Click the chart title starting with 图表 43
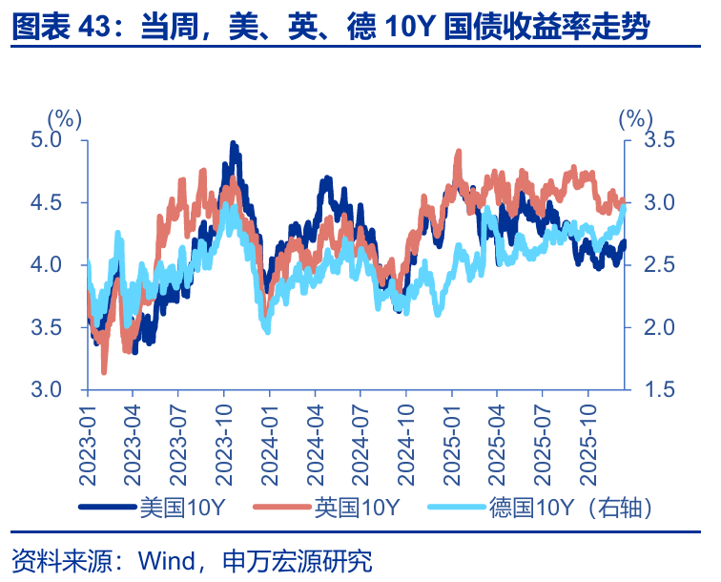click(x=330, y=27)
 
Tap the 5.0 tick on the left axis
click(x=60, y=140)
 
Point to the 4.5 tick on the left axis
click(x=60, y=202)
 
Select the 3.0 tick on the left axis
click(x=60, y=390)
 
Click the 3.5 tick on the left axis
click(x=60, y=327)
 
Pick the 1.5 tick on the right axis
click(x=658, y=390)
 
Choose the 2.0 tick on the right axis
click(x=658, y=327)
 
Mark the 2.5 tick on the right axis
click(x=658, y=265)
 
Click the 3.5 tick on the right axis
click(x=658, y=140)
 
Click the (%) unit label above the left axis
click(x=66, y=117)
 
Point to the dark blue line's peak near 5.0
click(x=233, y=144)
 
